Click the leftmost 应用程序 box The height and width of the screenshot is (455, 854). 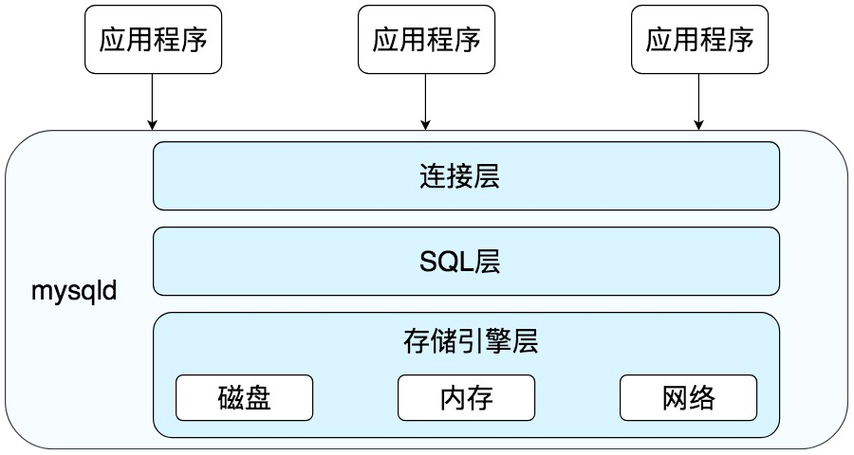pos(152,39)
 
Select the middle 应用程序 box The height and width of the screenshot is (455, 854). pos(426,39)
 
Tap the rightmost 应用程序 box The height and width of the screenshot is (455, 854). pos(699,39)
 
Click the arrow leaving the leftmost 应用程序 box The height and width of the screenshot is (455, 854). pos(152,100)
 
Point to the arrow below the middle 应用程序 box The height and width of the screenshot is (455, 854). pos(426,100)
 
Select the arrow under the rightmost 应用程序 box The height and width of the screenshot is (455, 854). pos(699,100)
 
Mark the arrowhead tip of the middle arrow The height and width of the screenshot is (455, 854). pos(426,127)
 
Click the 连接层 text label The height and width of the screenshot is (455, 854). pos(466,176)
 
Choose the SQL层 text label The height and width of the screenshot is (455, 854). pos(466,261)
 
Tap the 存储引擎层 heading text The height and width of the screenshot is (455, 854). pos(466,341)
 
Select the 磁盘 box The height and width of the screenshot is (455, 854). pos(244,397)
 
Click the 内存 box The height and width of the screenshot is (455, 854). pos(466,397)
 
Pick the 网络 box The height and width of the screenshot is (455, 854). pos(688,397)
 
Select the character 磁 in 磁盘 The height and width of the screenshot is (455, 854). pos(231,397)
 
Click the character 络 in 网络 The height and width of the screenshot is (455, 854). pos(702,397)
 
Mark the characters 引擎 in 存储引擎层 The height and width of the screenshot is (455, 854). pos(479,341)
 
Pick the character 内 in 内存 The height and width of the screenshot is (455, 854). pos(453,397)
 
